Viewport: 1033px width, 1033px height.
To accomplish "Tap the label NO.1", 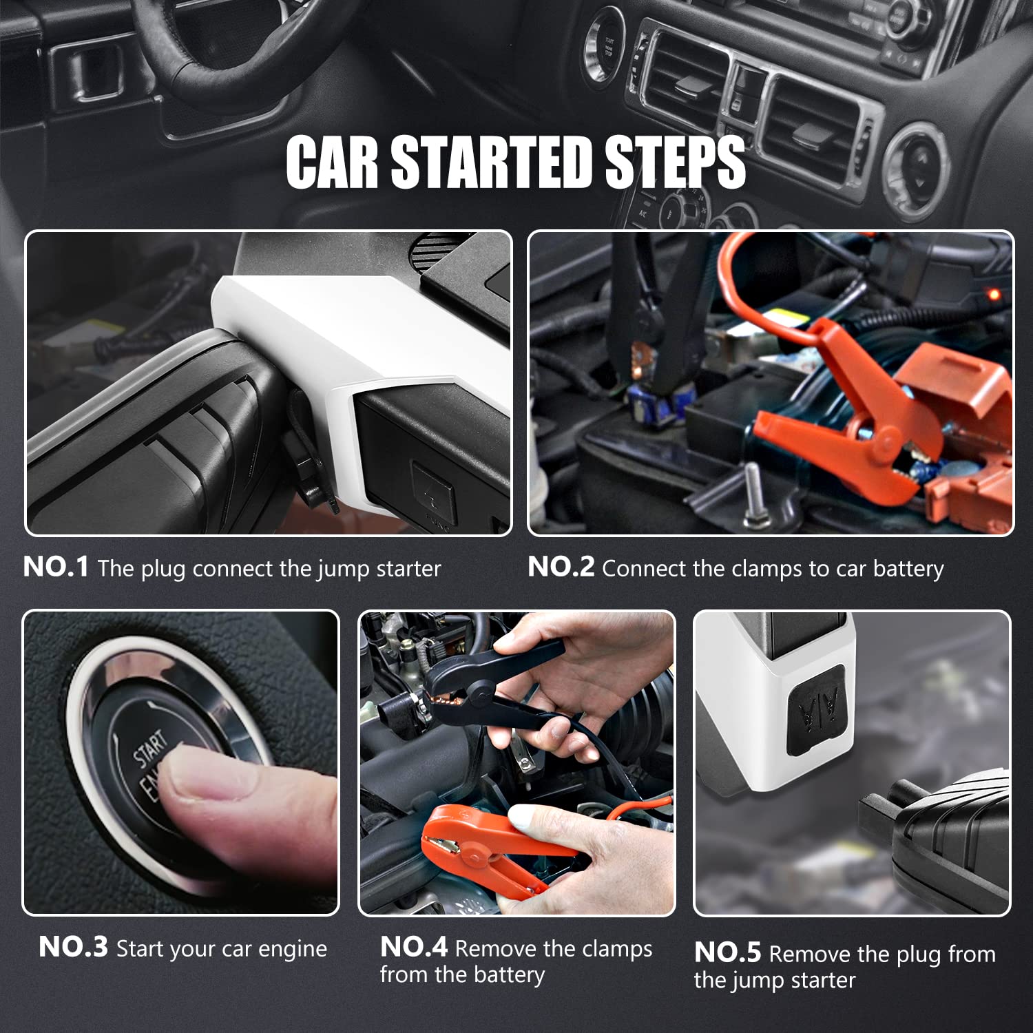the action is [56, 567].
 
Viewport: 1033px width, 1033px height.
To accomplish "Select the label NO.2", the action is [561, 567].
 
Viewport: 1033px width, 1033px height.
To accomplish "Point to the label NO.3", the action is [73, 947].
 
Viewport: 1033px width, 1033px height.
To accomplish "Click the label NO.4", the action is [414, 947].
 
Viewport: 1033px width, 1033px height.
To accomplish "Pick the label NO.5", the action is [728, 952].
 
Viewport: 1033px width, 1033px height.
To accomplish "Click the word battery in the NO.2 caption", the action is [908, 570].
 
